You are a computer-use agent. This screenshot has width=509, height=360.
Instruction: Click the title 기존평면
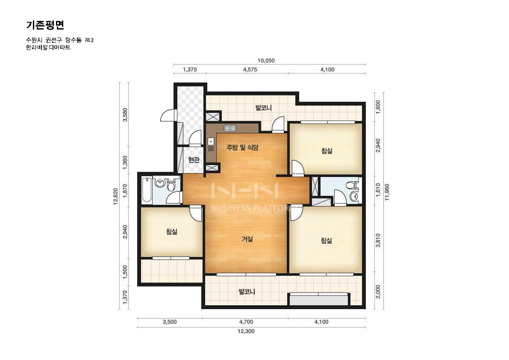tap(45, 25)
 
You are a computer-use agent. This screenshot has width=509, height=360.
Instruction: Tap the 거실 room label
tap(247, 239)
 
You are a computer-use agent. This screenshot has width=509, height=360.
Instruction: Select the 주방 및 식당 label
tap(242, 148)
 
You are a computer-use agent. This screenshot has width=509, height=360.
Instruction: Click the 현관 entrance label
tap(194, 160)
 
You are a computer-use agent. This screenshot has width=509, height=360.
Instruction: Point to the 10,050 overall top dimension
tap(266, 61)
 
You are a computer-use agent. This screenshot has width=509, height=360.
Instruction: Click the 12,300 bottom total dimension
tap(246, 331)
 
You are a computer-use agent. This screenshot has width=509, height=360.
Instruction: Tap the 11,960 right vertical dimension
tap(387, 192)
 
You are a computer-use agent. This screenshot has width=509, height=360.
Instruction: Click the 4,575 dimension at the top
tap(250, 69)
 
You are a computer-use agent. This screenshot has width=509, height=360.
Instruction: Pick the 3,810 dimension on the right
tap(378, 241)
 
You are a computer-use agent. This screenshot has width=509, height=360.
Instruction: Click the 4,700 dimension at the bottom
tap(246, 322)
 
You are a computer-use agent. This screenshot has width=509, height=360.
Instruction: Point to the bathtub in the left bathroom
tap(147, 190)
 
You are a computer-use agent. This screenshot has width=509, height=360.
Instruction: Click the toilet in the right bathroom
tap(352, 186)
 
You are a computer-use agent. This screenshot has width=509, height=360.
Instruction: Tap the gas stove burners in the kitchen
tap(230, 128)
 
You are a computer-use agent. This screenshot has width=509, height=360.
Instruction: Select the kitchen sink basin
tap(211, 142)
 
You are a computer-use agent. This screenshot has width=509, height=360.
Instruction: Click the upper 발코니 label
tap(263, 108)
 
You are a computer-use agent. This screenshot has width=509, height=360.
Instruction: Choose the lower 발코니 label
tap(247, 292)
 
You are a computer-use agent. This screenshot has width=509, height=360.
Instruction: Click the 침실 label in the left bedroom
tap(172, 232)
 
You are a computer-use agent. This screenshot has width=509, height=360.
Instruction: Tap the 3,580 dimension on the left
tap(125, 115)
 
